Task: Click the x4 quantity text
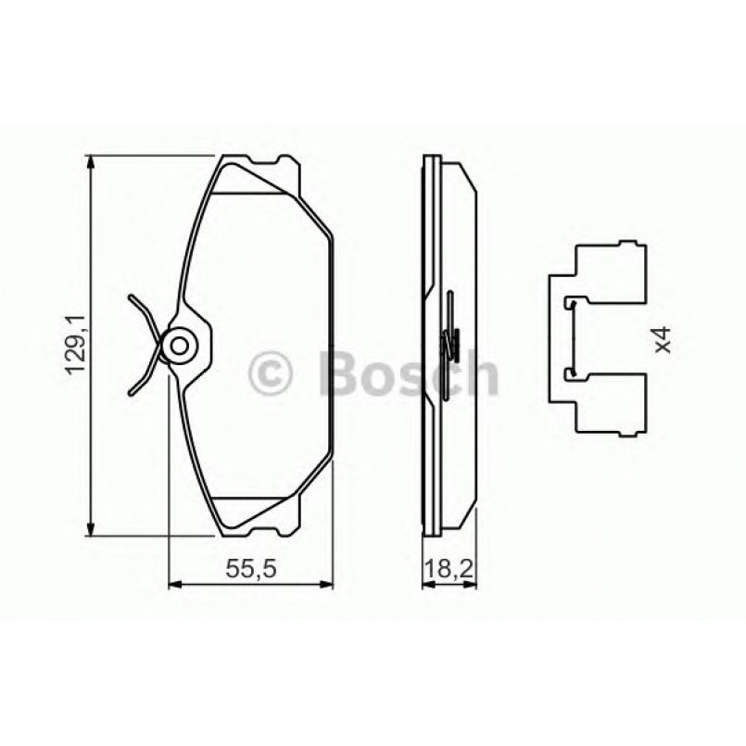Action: [661, 341]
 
